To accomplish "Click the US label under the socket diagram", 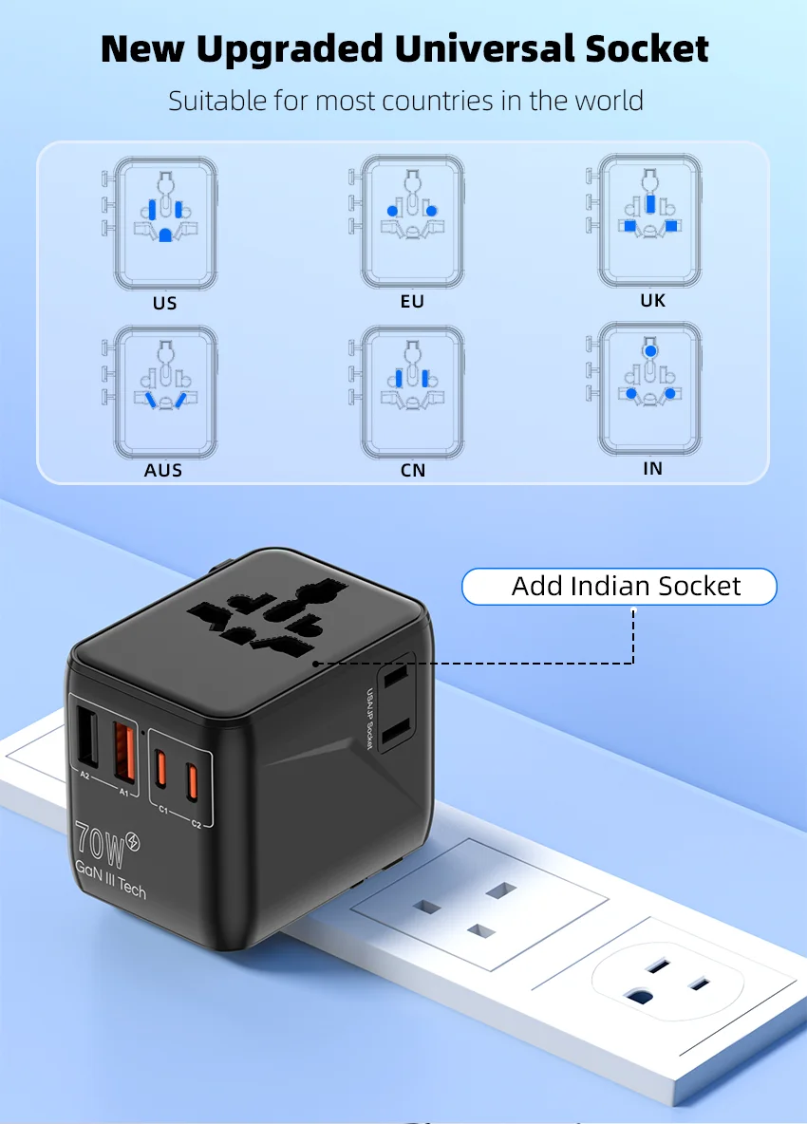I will click(x=164, y=304).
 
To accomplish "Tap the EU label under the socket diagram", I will click(x=412, y=302).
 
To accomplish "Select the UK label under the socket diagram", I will click(x=652, y=301).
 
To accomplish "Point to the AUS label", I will click(x=164, y=471).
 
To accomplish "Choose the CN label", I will click(x=413, y=470).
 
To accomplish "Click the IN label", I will click(x=652, y=468).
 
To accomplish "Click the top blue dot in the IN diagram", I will click(x=649, y=350).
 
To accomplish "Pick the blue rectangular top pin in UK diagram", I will click(x=649, y=202).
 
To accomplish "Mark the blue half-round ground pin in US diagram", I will click(x=165, y=234).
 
